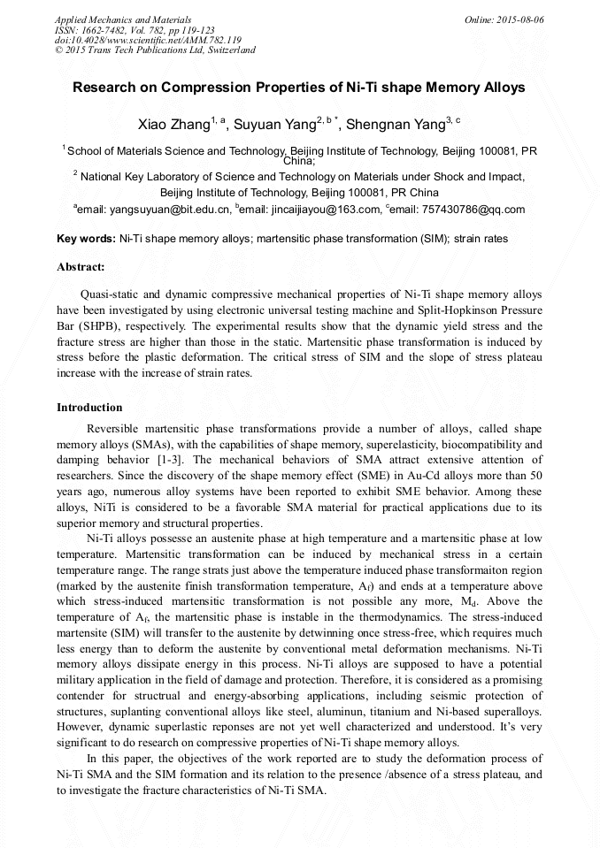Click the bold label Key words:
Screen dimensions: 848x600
pyautogui.click(x=86, y=239)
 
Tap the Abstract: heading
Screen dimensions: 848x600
pyautogui.click(x=81, y=266)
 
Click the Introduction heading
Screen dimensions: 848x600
pyautogui.click(x=89, y=408)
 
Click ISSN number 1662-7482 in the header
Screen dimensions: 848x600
pyautogui.click(x=104, y=30)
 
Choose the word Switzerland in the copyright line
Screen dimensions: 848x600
pyautogui.click(x=228, y=50)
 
